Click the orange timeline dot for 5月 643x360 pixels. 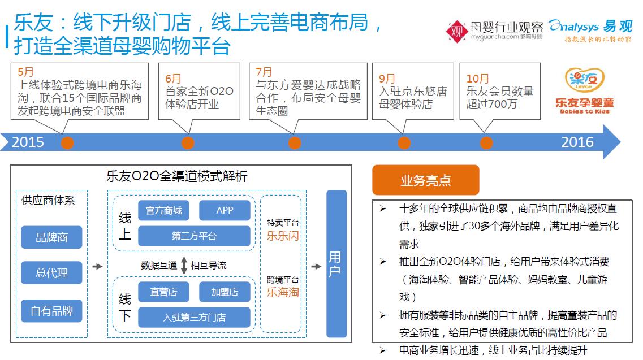coord(67,142)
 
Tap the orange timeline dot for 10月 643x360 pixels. coord(486,142)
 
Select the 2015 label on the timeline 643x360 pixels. coord(28,142)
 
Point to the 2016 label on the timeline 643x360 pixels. coord(577,142)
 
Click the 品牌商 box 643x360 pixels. coord(51,237)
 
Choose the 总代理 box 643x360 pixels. coord(51,272)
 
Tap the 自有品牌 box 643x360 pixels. coord(51,311)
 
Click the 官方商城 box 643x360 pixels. coord(163,210)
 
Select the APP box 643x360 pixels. coord(225,210)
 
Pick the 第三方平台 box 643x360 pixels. coord(194,236)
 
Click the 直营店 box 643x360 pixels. coord(163,292)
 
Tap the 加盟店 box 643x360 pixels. coord(225,292)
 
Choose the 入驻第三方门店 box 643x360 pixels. coord(194,318)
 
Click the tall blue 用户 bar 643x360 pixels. coord(336,264)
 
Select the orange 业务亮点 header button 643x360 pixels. coord(426,180)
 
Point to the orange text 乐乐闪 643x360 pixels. coord(283,236)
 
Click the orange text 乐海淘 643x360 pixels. coord(283,292)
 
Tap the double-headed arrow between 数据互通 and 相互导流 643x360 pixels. coord(184,265)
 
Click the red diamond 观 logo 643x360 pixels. coord(457,31)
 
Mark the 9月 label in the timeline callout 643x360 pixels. coord(387,79)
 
